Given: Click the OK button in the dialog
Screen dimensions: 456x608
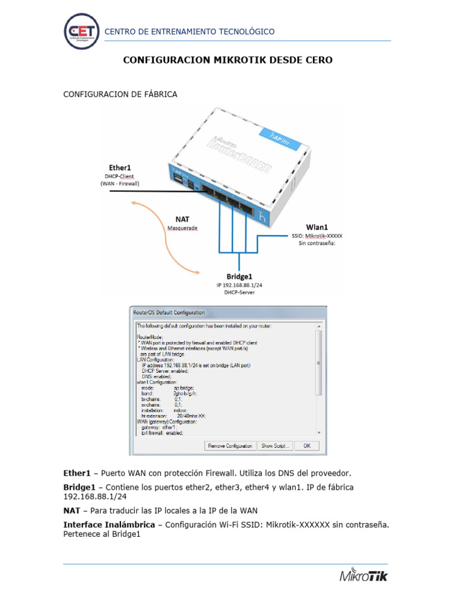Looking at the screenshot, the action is [x=306, y=445].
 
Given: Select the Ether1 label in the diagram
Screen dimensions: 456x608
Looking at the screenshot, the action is [x=120, y=168].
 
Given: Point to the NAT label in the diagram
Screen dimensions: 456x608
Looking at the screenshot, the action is [x=182, y=219].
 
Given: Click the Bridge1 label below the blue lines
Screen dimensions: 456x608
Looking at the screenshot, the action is [x=239, y=277].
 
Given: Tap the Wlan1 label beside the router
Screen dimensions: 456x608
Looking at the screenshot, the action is [x=317, y=227].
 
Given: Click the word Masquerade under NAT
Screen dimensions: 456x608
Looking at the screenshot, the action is [x=182, y=228].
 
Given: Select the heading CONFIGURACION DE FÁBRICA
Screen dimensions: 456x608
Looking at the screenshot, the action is [x=120, y=94].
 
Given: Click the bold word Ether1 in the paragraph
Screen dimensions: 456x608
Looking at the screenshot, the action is [x=77, y=473].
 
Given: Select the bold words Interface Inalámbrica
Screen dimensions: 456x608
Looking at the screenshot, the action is [x=112, y=524].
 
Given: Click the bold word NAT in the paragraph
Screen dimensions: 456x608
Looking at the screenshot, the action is [x=72, y=511].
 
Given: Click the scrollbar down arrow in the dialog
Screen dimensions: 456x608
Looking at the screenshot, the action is [x=318, y=433].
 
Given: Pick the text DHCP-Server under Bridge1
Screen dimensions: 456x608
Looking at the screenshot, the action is [x=239, y=293].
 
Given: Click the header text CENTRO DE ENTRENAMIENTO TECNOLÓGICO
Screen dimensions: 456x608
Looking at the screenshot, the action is [x=189, y=31].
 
